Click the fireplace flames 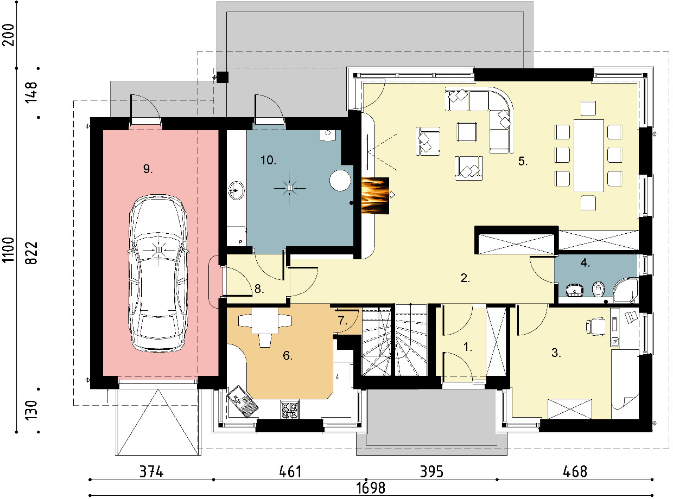(376, 196)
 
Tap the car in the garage (158, 273)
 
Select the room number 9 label (148, 169)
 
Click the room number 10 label (268, 160)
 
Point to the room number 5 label (523, 161)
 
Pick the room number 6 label (288, 355)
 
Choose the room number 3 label (556, 353)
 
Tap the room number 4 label (585, 263)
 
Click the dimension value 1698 (370, 488)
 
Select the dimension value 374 (151, 472)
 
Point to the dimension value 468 (575, 472)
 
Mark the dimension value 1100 (8, 250)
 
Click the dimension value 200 (8, 35)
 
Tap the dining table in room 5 (589, 155)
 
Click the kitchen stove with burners (290, 410)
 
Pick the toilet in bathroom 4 (599, 289)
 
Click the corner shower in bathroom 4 (626, 290)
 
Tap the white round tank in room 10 (340, 181)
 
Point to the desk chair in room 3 (595, 327)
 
